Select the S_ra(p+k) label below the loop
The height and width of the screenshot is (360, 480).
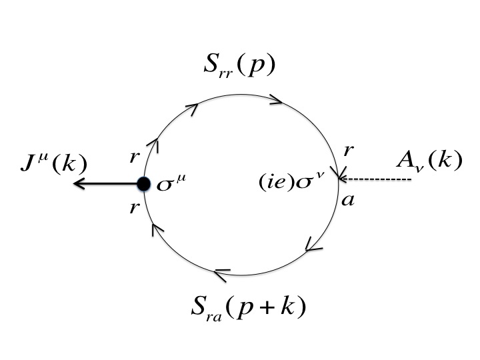[x=248, y=309]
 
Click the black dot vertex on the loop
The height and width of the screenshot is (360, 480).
[x=143, y=183]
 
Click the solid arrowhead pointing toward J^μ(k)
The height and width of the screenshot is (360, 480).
[x=79, y=183]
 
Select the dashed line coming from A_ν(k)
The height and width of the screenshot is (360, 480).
[x=380, y=179]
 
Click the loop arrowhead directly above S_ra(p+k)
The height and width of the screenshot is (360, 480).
[x=222, y=271]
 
